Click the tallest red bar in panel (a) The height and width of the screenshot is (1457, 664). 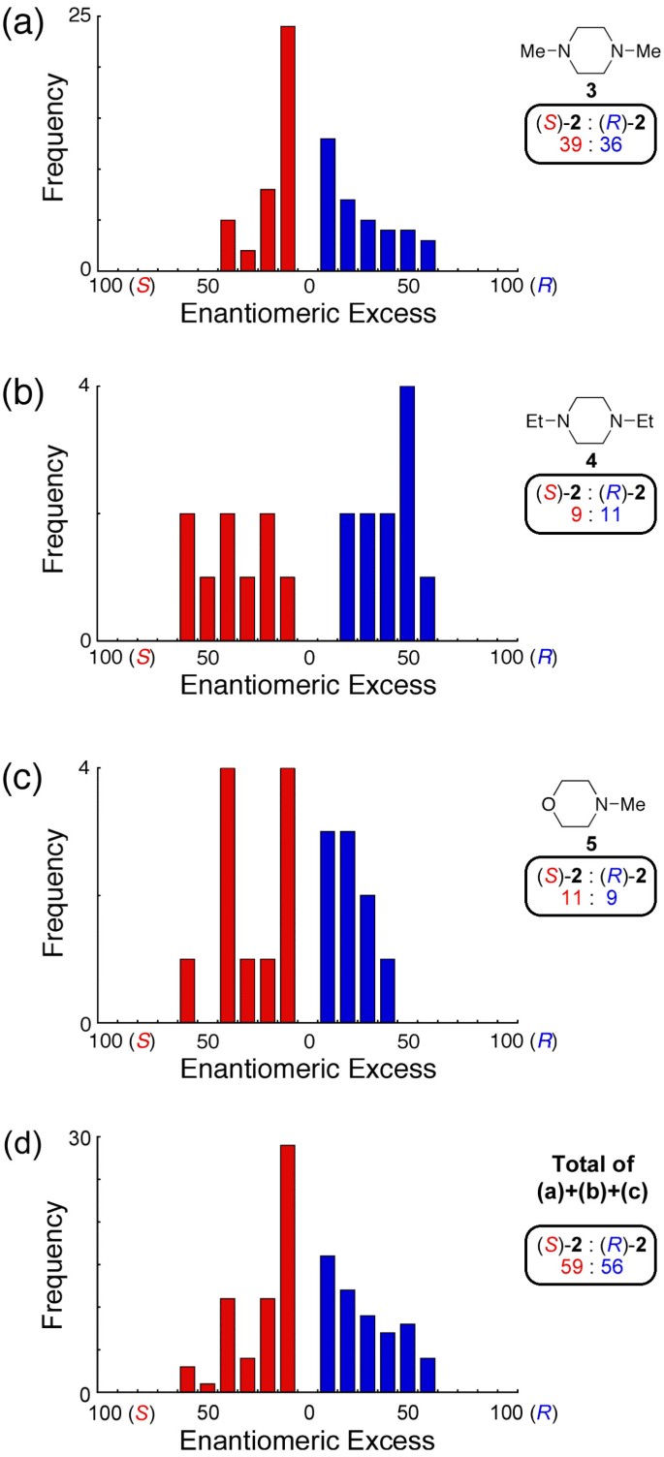coord(288,148)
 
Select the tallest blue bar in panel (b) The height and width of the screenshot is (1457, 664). coord(407,513)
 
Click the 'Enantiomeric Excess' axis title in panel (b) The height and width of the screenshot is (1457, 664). coord(308,684)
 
